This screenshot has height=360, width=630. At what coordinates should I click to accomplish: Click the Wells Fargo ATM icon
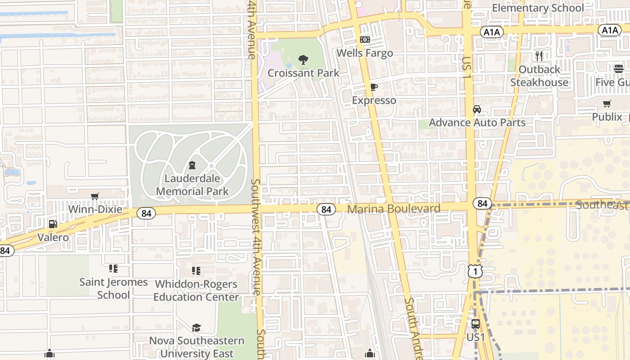(365, 40)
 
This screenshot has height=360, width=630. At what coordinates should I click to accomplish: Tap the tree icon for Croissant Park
(304, 59)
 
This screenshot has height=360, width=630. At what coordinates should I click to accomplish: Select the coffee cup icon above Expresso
(373, 87)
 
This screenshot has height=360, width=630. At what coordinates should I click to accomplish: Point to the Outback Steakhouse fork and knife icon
(539, 56)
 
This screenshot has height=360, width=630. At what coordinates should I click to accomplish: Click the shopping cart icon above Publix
(607, 104)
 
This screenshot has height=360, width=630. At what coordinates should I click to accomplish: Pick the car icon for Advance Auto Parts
(477, 109)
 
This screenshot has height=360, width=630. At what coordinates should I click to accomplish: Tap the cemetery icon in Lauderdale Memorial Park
(193, 165)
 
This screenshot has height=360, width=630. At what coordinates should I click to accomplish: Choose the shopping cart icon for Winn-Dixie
(95, 196)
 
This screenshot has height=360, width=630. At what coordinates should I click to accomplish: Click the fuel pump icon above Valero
(53, 224)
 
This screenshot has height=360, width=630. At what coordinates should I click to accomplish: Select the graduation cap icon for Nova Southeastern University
(196, 328)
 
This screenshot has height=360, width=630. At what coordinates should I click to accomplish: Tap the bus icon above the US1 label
(476, 324)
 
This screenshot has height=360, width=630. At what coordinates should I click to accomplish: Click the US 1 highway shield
(475, 271)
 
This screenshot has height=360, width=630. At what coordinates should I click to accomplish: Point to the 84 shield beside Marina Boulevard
(326, 209)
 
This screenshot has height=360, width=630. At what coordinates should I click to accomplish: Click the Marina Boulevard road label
(394, 209)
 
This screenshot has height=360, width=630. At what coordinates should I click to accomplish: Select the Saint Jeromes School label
(113, 288)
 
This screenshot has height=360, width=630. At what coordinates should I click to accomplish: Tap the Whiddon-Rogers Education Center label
(196, 291)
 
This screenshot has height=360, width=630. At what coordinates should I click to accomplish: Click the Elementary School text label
(538, 8)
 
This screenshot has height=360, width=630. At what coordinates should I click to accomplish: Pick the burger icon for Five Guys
(618, 69)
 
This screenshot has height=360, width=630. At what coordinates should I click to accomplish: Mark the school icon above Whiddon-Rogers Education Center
(196, 270)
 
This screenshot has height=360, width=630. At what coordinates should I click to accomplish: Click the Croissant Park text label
(304, 73)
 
